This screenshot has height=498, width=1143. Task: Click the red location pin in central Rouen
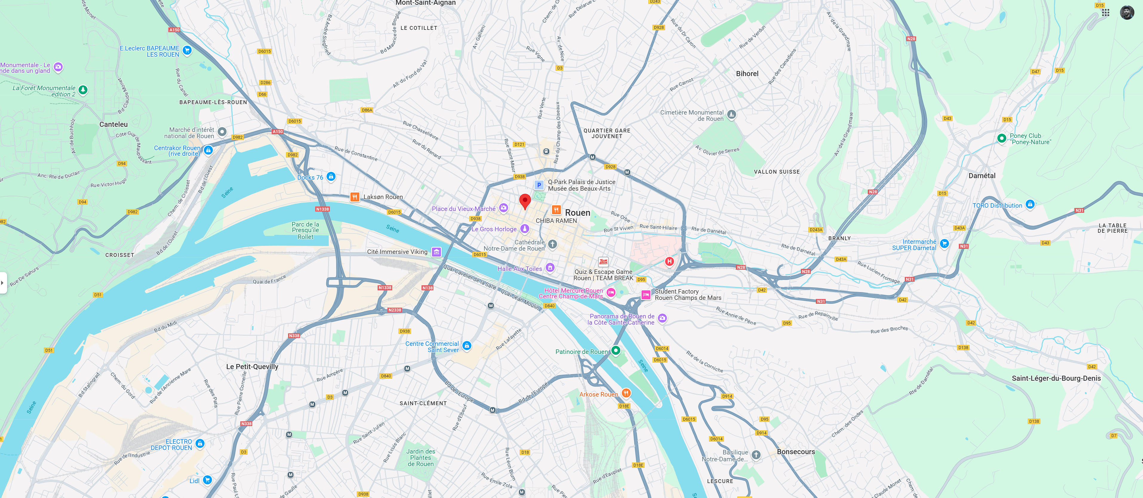pos(525,201)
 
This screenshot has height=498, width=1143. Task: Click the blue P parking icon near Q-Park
pos(539,185)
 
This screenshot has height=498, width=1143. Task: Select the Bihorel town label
pos(747,74)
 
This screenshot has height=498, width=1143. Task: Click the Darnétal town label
pos(982,176)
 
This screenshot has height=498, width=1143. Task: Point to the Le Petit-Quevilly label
pos(252,366)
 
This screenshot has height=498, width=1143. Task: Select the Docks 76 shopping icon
pos(330,177)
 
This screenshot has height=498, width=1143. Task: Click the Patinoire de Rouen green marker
pos(616,350)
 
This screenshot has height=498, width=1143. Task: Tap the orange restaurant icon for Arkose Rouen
pos(626,393)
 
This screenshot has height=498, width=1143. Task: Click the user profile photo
pos(1127,13)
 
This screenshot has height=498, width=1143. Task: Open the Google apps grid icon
pos(1105,13)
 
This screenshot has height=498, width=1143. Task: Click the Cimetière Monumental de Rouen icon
pos(731,114)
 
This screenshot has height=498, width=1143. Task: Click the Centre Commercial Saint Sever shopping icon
pos(466,346)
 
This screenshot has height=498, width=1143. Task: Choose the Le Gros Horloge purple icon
pos(524,229)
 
